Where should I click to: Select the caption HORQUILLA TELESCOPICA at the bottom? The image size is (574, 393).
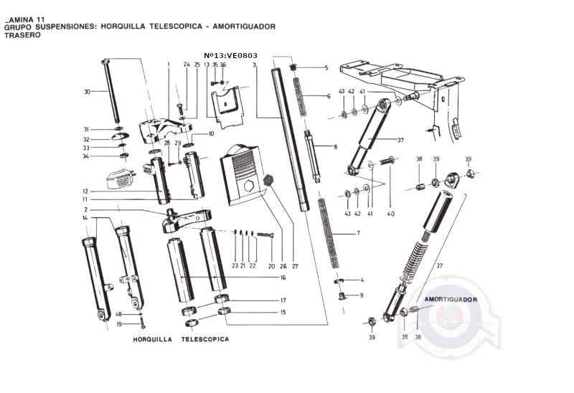(181, 338)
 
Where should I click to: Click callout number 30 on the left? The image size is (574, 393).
(87, 92)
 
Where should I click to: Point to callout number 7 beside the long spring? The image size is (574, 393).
(358, 234)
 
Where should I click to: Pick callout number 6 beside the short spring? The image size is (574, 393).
(329, 96)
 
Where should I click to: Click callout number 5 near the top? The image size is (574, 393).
(326, 68)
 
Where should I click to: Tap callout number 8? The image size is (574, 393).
(334, 147)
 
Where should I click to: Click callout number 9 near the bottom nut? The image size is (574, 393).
(361, 295)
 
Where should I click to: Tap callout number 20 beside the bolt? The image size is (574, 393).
(271, 266)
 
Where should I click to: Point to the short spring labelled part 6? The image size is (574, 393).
(301, 93)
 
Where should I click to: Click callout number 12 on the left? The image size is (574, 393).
(85, 191)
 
